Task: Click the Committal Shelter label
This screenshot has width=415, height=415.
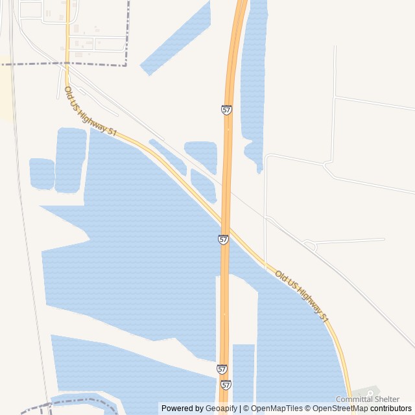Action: point(368,399)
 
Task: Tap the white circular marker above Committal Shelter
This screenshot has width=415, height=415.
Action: point(371,392)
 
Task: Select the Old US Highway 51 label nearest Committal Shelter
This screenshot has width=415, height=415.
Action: point(302,296)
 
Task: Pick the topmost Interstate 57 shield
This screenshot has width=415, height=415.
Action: point(226,111)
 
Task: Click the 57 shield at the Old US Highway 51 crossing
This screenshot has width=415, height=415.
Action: point(223,239)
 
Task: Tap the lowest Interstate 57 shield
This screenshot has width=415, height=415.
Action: point(225,385)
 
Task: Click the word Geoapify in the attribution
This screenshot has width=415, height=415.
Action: point(222,409)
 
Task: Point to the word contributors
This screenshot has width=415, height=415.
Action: point(390,409)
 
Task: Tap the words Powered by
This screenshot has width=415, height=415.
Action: point(182,409)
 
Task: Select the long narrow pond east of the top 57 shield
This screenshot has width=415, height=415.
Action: point(254,71)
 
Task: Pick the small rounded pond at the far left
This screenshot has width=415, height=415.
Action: point(41,173)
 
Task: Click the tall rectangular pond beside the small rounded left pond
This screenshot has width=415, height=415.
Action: point(71,160)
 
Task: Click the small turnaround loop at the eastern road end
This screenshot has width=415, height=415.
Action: point(309,246)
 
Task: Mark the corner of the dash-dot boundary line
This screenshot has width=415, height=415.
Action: point(127,65)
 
